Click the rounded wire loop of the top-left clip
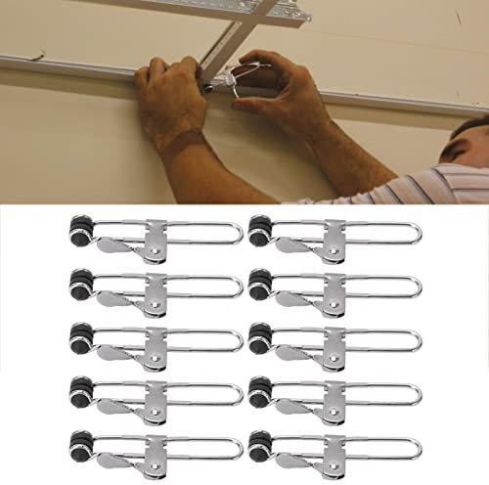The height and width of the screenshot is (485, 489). coord(233,236)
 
